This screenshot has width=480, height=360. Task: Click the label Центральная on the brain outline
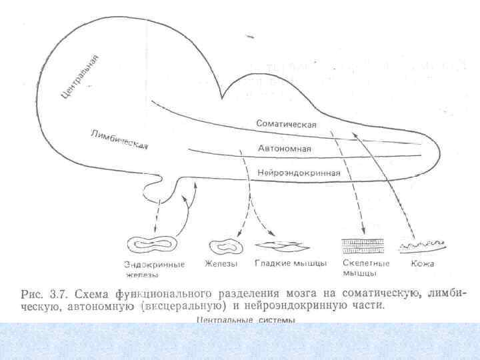81,77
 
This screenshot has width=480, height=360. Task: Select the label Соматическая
287,124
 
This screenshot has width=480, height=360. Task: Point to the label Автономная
285,148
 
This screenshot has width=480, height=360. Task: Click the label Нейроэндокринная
299,173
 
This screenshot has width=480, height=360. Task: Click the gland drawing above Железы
225,246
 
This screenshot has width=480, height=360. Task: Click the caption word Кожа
423,263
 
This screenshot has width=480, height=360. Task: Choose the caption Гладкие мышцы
291,263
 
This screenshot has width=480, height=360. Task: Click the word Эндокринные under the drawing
154,264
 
